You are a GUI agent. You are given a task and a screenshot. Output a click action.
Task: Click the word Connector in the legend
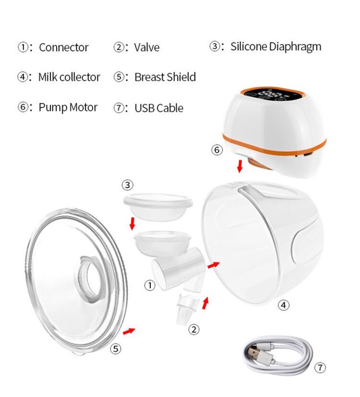pos(63,47)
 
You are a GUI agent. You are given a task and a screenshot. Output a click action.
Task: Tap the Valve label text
pos(147,47)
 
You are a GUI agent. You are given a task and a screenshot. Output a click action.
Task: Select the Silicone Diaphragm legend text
pos(276,47)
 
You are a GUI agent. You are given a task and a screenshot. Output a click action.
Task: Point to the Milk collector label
pos(69,77)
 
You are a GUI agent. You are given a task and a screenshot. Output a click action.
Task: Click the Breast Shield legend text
pos(165,77)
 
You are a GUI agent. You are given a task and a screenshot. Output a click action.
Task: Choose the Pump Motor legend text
pos(68,108)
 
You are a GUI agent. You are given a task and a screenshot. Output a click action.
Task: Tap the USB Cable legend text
pos(159,108)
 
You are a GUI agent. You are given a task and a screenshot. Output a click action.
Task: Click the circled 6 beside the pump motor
pos(217,150)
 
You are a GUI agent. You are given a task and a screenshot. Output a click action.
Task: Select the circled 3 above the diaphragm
pos(128,185)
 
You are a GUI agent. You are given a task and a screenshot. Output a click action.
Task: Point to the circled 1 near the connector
pos(149,285)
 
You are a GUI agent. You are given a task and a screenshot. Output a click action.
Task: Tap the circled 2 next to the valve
pos(194,329)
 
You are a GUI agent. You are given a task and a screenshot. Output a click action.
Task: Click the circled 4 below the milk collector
pos(283,305)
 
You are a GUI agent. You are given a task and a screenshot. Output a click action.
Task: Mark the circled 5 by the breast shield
pos(116,349)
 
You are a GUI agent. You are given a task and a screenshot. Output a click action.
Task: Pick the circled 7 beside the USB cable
pos(320,367)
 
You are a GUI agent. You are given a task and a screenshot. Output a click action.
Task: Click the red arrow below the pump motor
pos(239,166)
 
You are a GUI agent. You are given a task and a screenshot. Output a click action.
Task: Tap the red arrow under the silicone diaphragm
pos(132,224)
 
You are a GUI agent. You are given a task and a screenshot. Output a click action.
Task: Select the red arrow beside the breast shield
pos(129,331)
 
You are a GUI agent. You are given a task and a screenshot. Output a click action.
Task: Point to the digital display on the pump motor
pos(272,96)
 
